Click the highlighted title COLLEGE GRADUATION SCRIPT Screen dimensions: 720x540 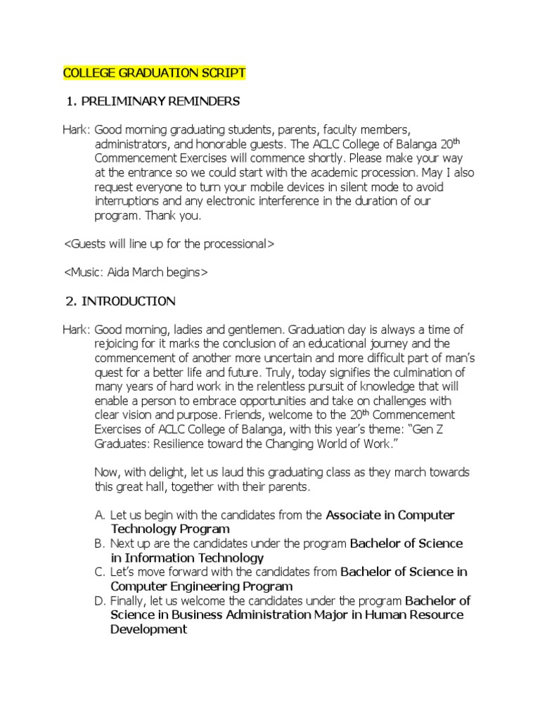155,72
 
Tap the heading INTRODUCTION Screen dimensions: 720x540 129,301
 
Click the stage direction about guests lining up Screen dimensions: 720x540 169,244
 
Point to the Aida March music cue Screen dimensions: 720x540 136,272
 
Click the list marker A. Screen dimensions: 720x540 99,515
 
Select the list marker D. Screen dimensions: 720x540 99,601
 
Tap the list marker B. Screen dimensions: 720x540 99,544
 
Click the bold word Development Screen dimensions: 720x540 148,630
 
